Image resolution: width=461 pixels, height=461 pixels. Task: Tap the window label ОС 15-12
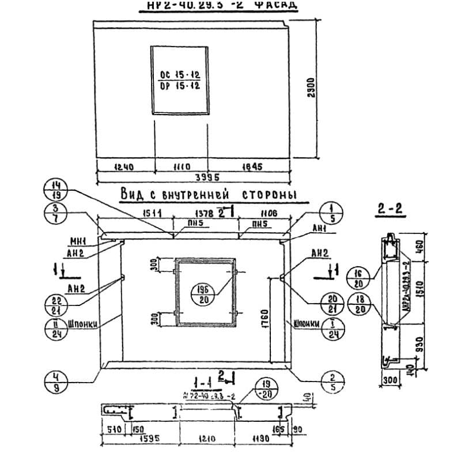tap(179, 75)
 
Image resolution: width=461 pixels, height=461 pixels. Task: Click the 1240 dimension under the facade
tap(124, 167)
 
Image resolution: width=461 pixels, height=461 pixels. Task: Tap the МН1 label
tap(78, 241)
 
